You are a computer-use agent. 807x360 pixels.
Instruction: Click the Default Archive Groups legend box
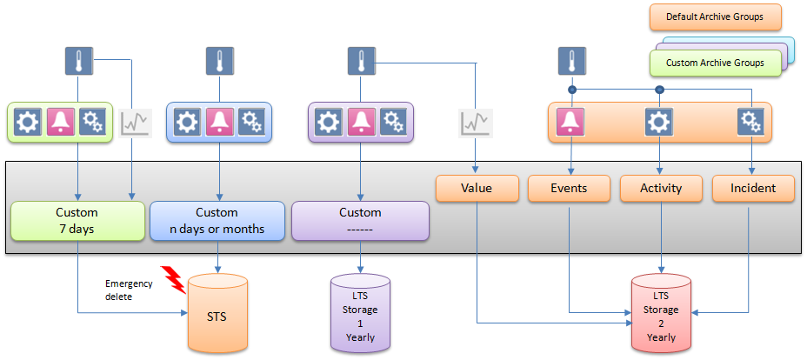(715, 17)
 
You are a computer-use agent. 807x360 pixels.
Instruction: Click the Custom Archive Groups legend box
(715, 63)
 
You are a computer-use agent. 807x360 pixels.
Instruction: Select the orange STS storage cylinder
(217, 316)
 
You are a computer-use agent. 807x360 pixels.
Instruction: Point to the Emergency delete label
(129, 290)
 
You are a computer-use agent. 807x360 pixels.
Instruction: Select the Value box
(477, 188)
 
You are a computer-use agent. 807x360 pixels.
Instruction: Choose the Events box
(569, 188)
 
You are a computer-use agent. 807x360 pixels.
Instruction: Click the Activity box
(661, 188)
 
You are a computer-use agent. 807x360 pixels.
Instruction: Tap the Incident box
(752, 188)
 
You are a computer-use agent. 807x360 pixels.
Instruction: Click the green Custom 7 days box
(77, 221)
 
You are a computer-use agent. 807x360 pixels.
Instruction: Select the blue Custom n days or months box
(217, 221)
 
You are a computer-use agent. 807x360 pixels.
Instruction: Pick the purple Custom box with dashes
(360, 221)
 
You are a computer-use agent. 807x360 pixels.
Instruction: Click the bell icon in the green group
(61, 123)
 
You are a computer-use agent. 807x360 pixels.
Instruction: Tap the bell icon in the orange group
(570, 123)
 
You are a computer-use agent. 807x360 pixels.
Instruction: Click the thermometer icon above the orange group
(570, 62)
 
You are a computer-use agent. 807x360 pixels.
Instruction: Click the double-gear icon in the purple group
(393, 123)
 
